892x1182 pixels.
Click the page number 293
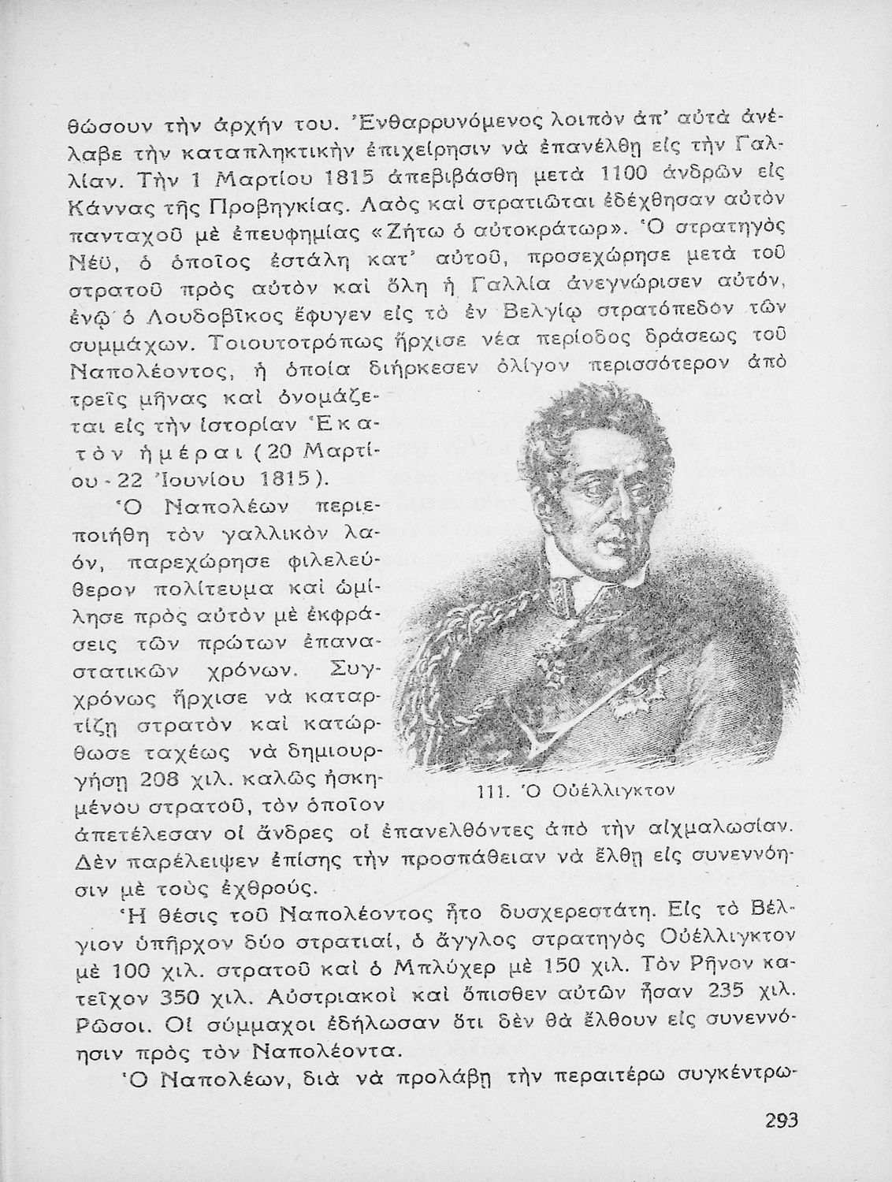782,1120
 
